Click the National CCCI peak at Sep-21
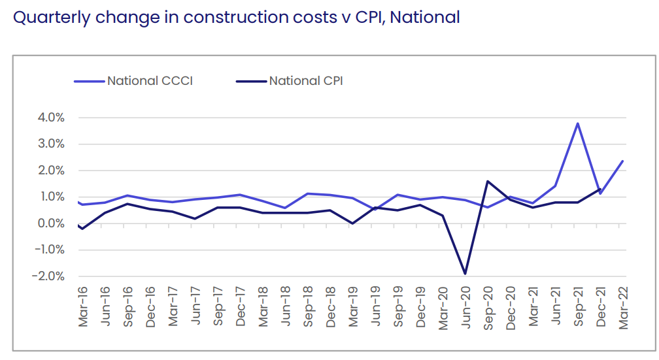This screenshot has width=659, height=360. (x=578, y=123)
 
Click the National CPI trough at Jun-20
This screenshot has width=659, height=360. (x=465, y=274)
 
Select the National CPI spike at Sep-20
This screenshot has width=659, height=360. (x=488, y=181)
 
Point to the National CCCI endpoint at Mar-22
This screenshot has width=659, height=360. (x=622, y=161)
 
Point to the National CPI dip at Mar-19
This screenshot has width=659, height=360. (x=353, y=223)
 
